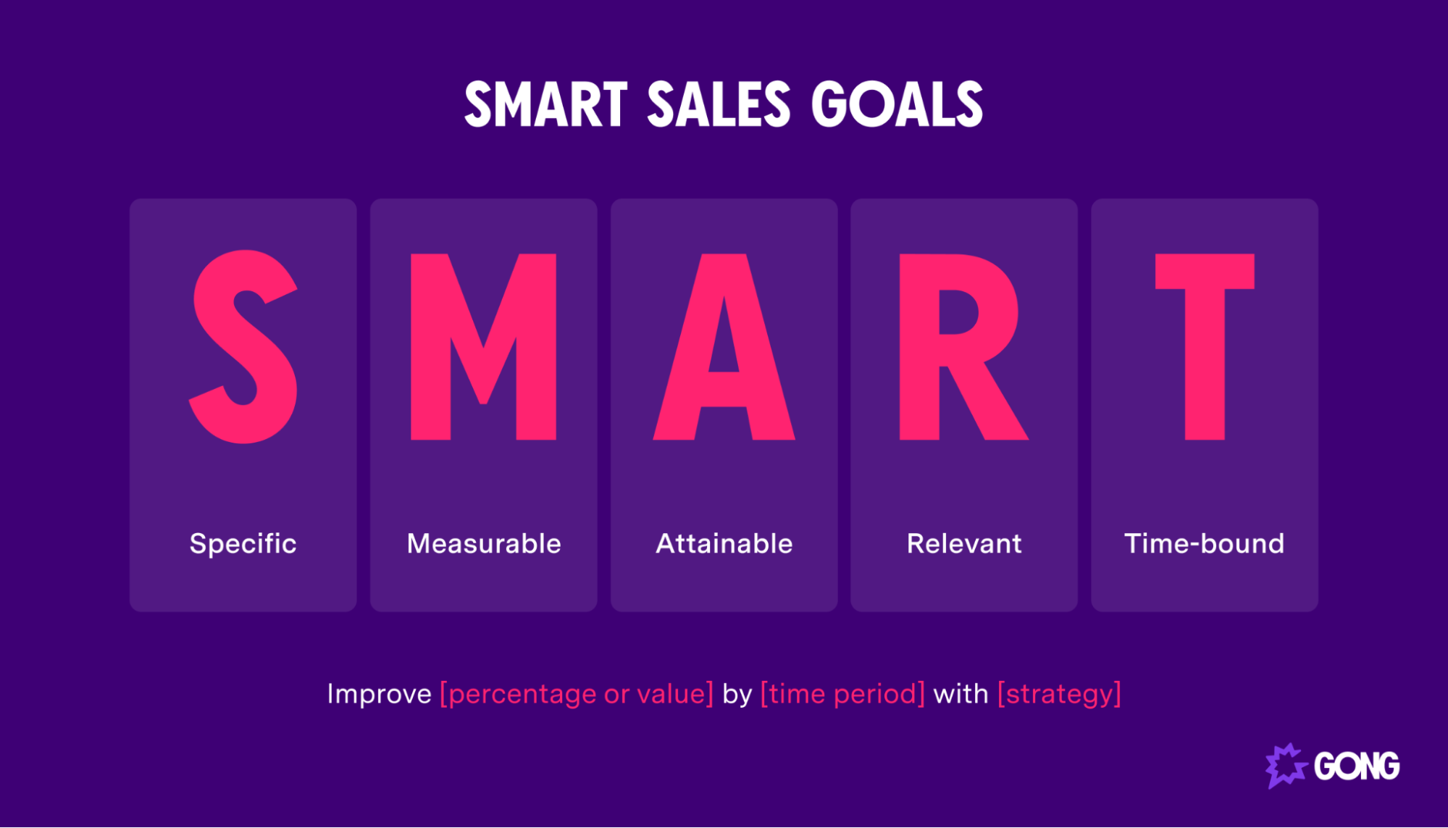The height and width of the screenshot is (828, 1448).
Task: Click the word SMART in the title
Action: [545, 105]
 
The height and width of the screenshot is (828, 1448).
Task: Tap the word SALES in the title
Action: [719, 105]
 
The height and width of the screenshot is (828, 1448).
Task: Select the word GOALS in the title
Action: [897, 105]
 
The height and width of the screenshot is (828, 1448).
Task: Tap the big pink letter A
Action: [724, 348]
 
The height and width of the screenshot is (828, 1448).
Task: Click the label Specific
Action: [243, 544]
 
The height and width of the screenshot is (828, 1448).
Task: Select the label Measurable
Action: [484, 544]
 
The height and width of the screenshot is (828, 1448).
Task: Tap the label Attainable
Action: [724, 544]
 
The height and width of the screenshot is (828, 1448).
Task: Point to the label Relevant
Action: [964, 544]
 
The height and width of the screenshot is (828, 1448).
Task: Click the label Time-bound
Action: [1204, 544]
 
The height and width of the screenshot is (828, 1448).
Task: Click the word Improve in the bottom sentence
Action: [379, 694]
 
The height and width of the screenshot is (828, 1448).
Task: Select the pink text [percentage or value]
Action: [577, 694]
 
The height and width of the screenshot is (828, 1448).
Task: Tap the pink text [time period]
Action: [842, 694]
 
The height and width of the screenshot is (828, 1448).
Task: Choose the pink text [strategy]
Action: [1059, 694]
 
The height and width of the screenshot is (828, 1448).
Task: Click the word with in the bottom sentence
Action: [961, 694]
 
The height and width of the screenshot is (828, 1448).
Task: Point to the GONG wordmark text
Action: [1357, 766]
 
